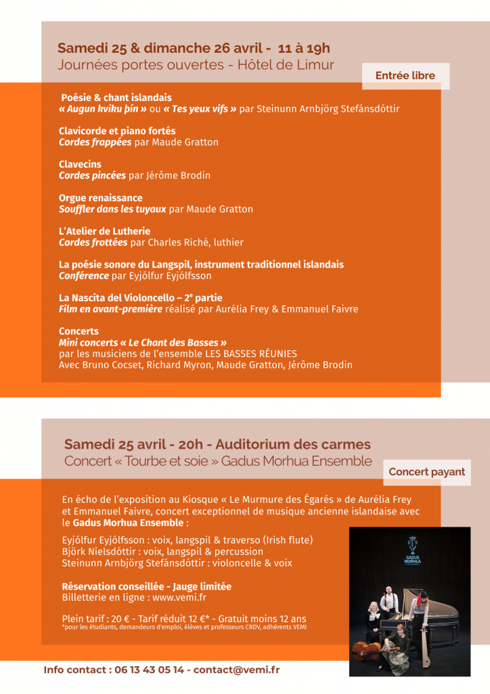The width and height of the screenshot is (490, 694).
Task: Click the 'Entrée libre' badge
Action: click(x=405, y=76)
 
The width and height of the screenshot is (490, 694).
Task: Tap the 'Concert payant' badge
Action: click(x=426, y=472)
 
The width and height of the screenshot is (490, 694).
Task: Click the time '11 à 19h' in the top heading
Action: click(x=304, y=48)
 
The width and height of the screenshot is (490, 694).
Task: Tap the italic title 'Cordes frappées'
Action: click(x=95, y=142)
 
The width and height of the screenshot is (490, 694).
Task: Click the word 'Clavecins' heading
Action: click(x=80, y=164)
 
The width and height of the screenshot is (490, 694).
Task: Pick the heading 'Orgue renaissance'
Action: click(x=100, y=198)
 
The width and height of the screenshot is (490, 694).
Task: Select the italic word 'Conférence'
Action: click(x=84, y=276)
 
